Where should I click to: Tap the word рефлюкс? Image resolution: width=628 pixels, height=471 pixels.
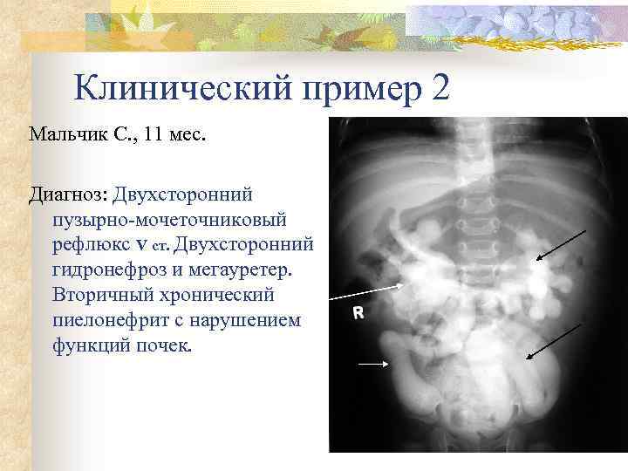point(87,242)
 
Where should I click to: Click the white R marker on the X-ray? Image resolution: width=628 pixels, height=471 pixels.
point(357,312)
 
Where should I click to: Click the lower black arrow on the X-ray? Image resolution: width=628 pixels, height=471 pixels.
point(552,340)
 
